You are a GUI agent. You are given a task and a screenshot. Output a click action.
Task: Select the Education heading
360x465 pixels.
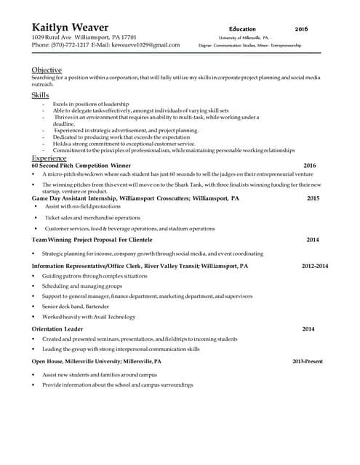pos(242,28)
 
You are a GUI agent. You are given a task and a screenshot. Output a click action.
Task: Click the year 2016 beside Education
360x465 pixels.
pos(301,28)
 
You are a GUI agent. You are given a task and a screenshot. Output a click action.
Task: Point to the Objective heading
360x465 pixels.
pos(47,70)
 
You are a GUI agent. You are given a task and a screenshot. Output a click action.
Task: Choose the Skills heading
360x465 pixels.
pos(41,95)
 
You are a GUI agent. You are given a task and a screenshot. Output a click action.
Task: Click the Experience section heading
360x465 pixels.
pos(49,158)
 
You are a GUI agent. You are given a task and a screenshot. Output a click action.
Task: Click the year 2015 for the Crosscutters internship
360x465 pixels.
pos(313,198)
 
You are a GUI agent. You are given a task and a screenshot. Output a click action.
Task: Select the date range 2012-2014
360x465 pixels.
pos(315,266)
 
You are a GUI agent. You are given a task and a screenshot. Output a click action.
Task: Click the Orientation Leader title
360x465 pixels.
pos(57,329)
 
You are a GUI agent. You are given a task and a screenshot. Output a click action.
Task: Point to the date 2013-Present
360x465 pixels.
pos(308,361)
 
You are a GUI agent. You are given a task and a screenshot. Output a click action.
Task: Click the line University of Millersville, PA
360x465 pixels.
pos(244,37)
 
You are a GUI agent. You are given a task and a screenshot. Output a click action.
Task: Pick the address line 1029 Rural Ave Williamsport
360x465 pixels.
pos(84,36)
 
